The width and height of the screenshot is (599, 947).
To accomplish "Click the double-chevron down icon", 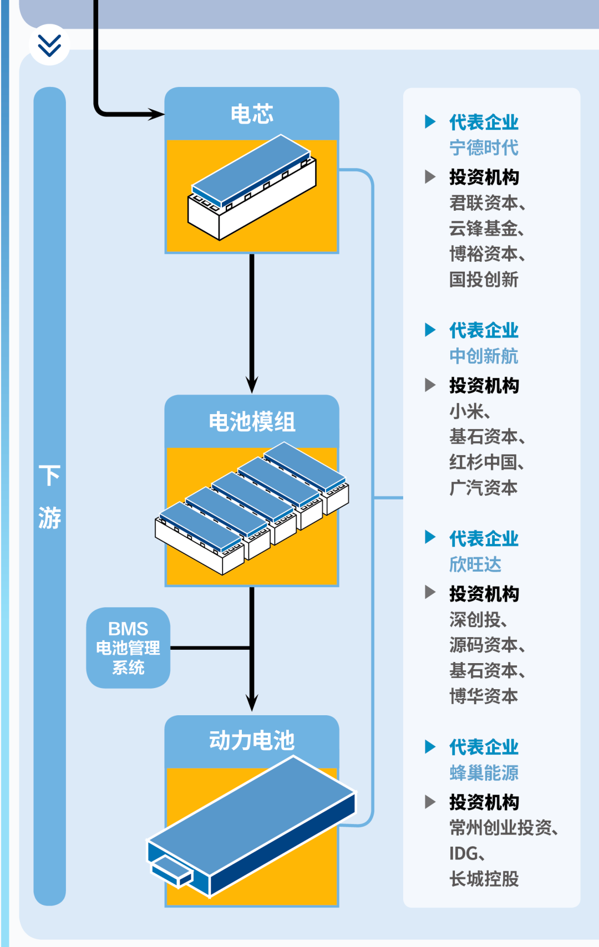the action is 49,45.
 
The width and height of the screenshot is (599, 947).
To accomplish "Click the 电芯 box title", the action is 252,114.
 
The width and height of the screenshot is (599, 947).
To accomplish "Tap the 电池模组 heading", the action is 252,422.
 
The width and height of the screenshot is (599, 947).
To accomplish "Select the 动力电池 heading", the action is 252,741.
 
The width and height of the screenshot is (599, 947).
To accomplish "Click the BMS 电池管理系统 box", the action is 128,648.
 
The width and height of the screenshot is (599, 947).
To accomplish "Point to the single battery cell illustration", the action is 252,187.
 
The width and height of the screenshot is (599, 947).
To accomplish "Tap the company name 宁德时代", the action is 484,148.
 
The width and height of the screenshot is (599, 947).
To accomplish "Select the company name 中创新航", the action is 484,356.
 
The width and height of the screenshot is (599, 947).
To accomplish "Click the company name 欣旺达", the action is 475,564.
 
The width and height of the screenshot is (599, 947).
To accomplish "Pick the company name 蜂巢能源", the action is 484,773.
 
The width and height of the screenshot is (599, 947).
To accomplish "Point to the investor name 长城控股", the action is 484,879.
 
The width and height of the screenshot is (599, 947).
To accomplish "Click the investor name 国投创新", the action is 484,279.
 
